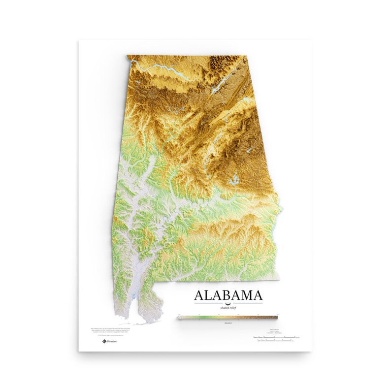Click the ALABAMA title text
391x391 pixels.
coord(228,295)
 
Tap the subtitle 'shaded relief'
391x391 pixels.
coord(228,307)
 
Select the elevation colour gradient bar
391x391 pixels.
coord(228,318)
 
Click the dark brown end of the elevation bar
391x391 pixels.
coord(275,318)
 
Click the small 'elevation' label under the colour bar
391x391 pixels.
coord(228,323)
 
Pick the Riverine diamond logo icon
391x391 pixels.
coord(104,341)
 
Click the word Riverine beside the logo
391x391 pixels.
coord(112,341)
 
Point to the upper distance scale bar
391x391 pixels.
coord(276,337)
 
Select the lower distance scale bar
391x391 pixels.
coord(276,342)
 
